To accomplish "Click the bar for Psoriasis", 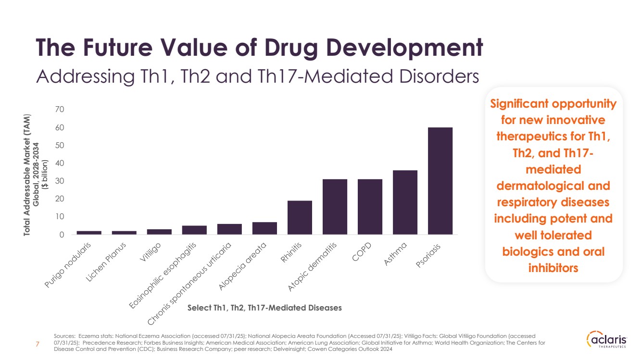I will point(440,181).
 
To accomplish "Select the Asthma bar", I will point(405,202).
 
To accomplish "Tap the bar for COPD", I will point(370,207).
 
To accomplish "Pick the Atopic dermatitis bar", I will point(335,207).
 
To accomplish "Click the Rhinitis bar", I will point(300,217).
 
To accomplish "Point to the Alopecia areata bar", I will point(264,228).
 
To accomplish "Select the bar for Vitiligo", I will point(159,232).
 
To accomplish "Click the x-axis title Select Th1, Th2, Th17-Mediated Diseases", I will point(264,308).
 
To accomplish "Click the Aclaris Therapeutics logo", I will point(607,340).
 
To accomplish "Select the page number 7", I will point(38,343).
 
